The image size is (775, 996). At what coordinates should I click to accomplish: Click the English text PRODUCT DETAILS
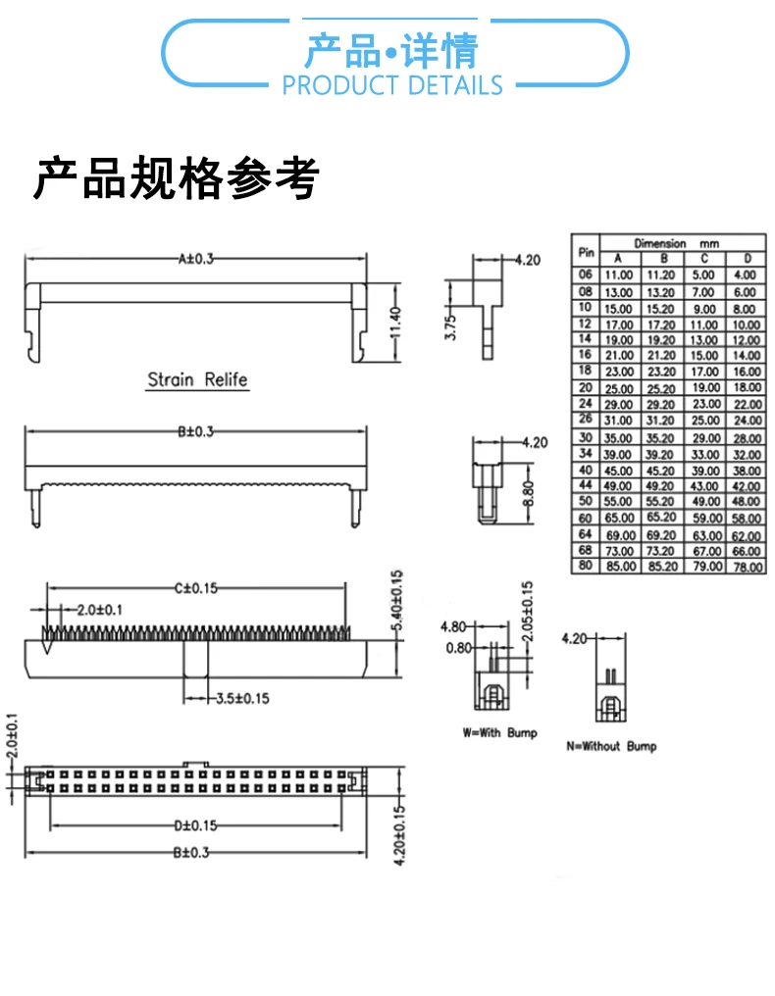(x=391, y=85)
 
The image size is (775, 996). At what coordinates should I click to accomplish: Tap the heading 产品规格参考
(x=177, y=178)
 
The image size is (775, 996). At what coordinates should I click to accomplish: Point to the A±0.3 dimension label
(x=195, y=259)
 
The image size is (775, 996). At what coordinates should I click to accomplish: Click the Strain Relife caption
(x=197, y=379)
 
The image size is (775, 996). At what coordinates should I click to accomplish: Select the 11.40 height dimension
(x=396, y=324)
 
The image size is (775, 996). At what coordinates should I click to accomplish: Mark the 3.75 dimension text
(x=450, y=327)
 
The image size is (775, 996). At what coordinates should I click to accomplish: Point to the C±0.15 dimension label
(x=196, y=587)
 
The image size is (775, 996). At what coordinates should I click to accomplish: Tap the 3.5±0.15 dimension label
(x=241, y=698)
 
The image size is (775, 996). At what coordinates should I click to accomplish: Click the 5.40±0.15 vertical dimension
(x=397, y=604)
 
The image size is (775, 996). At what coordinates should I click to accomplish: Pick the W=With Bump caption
(x=499, y=732)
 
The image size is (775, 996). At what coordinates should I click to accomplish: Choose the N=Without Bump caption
(x=611, y=746)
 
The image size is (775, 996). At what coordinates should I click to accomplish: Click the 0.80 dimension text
(x=456, y=647)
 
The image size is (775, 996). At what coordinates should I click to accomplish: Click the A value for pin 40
(x=619, y=471)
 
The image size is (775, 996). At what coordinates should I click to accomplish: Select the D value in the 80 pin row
(x=747, y=567)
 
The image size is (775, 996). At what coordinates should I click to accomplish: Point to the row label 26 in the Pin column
(x=586, y=420)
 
